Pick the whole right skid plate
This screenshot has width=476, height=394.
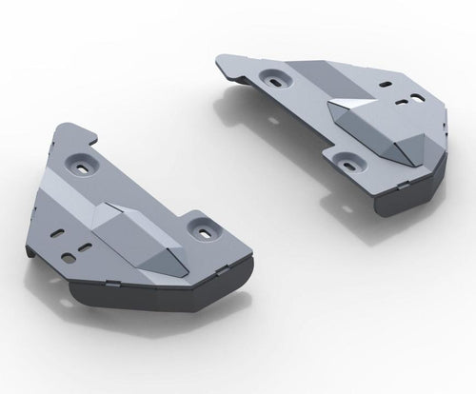coord(333,124)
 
